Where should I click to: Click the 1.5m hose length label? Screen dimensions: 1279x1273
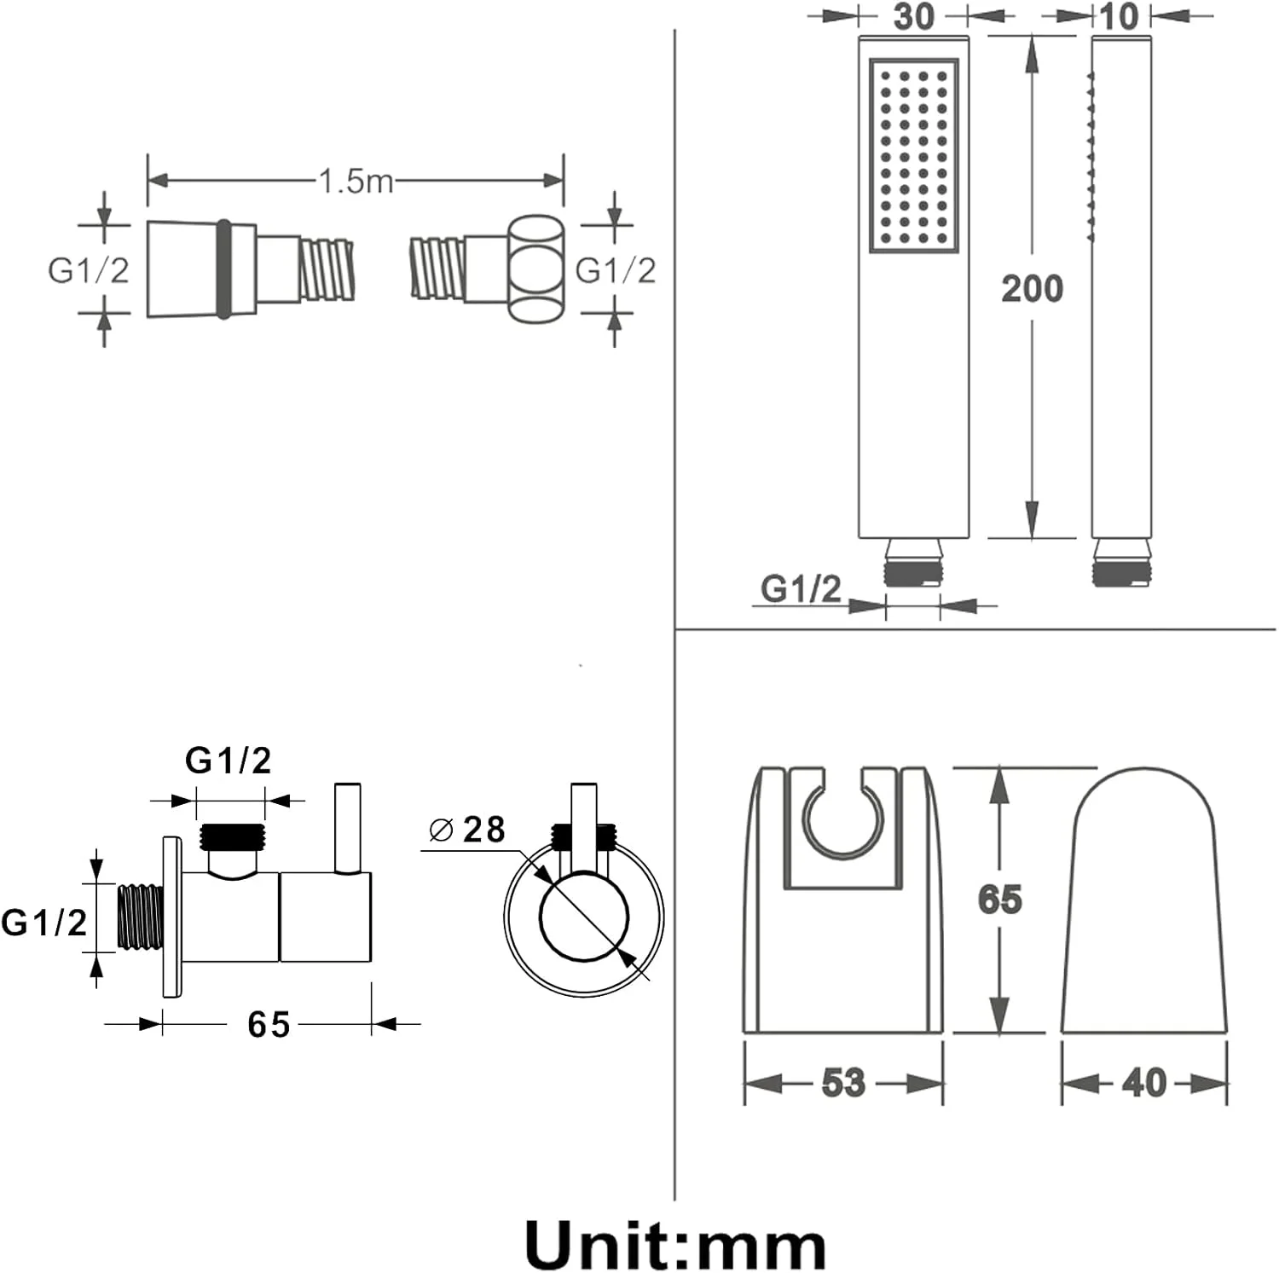[356, 181]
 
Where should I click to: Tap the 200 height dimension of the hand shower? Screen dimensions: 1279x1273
[1032, 289]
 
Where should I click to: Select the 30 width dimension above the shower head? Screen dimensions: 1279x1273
[914, 16]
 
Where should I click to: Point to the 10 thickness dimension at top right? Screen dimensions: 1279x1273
[1119, 16]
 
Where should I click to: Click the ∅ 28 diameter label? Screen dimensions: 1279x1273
[467, 829]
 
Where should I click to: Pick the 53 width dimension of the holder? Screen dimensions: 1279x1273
[843, 1082]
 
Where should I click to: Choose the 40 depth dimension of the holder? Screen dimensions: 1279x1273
[1143, 1082]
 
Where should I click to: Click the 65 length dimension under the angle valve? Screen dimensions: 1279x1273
[269, 1024]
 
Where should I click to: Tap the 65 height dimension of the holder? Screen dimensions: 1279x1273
[999, 899]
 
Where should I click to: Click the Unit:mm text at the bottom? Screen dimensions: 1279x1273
[675, 1245]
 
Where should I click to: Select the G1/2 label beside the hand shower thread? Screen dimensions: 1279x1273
[801, 589]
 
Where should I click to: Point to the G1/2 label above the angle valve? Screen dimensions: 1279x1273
[229, 760]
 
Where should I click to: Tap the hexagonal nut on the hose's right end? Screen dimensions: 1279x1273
[536, 268]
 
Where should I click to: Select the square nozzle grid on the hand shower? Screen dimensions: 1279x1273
[914, 154]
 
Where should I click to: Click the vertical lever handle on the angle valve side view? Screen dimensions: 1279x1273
[348, 828]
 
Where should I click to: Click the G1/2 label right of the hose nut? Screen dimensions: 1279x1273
[616, 270]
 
